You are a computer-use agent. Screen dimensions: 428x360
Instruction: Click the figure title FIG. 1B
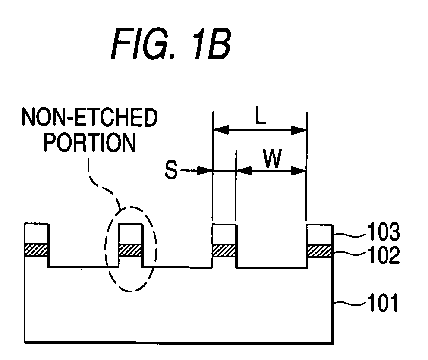point(171,44)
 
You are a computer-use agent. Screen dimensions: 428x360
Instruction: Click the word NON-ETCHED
point(90,117)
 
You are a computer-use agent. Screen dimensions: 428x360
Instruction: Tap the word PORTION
point(90,142)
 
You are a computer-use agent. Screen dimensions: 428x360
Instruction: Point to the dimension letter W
point(272,158)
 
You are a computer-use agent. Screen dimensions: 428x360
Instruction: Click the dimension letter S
point(171,169)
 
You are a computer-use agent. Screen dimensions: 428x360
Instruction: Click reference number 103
point(384,232)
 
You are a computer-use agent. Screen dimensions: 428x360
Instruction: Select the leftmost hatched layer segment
point(36,250)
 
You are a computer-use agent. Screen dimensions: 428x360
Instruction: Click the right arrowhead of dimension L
point(299,130)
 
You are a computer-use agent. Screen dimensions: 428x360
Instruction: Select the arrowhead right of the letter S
point(205,170)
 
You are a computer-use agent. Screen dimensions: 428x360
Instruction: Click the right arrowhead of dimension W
point(298,171)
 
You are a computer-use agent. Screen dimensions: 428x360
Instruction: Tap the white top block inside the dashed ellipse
point(130,234)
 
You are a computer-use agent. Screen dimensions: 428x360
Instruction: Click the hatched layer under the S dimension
point(224,251)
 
